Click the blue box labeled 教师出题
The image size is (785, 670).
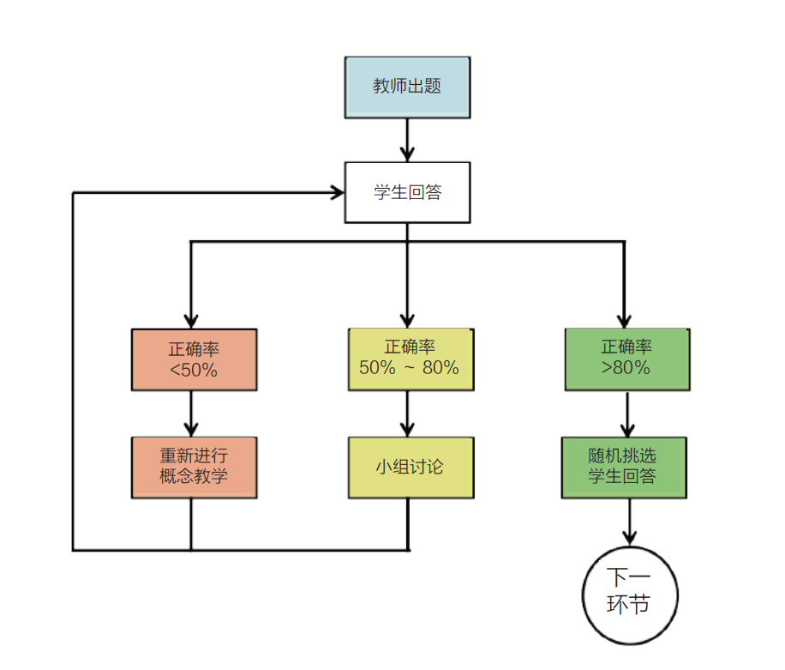407,87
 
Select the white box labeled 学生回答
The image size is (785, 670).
407,192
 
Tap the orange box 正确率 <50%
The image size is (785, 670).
194,359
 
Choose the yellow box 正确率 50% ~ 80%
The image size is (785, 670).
410,358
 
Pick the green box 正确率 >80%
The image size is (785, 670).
626,358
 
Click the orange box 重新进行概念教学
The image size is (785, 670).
194,467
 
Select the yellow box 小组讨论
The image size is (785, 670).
410,468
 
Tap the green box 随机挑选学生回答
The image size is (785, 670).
623,468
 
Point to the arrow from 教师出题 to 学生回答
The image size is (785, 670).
407,139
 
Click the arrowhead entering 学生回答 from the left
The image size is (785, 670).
337,192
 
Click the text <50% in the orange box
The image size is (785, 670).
194,371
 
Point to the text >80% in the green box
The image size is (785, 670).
626,369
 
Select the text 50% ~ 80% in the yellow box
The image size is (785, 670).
410,369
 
